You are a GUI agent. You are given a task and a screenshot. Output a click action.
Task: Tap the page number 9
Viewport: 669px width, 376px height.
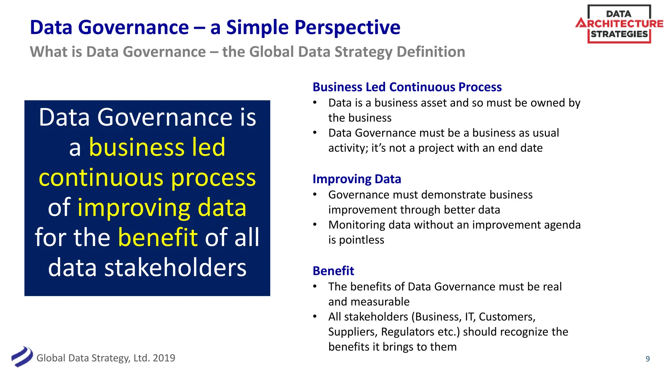pyautogui.click(x=647, y=359)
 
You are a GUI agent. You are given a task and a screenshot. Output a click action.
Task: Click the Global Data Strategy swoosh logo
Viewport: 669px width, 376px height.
pyautogui.click(x=22, y=357)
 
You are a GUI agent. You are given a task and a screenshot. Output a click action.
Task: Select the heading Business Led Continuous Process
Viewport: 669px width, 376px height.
pyautogui.click(x=407, y=87)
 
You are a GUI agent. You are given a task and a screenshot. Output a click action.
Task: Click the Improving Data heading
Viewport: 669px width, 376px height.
pyautogui.click(x=356, y=179)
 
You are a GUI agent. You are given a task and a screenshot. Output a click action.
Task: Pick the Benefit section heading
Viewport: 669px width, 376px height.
pyautogui.click(x=333, y=271)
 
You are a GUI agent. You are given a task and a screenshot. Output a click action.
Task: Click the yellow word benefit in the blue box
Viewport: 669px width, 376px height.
pyautogui.click(x=158, y=237)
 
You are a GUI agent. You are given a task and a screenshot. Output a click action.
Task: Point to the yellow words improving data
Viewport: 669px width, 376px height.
pyautogui.click(x=162, y=208)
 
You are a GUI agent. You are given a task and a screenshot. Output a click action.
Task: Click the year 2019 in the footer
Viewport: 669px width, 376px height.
pyautogui.click(x=164, y=358)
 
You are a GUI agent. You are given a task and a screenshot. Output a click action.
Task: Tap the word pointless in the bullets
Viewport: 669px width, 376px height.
pyautogui.click(x=361, y=240)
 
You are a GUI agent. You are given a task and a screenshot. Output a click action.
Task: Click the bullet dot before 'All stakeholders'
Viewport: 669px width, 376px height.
pyautogui.click(x=315, y=316)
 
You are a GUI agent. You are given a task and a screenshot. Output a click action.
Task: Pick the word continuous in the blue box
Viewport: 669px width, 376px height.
pyautogui.click(x=101, y=178)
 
